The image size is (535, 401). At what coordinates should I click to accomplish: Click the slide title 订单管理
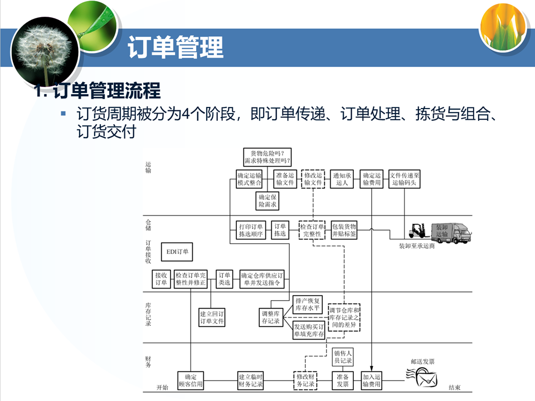point(176,47)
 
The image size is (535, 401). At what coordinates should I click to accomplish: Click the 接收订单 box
point(161,279)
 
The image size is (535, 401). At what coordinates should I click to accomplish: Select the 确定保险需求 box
point(268,200)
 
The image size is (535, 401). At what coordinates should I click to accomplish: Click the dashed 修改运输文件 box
point(313,179)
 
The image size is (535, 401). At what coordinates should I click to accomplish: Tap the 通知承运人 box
point(342,179)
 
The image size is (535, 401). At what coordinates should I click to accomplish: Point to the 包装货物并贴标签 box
point(344,230)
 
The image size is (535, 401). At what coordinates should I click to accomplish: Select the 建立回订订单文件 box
point(212,317)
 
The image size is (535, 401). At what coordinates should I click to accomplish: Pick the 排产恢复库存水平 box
point(308,304)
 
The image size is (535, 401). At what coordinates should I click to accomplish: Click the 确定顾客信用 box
point(191,380)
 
